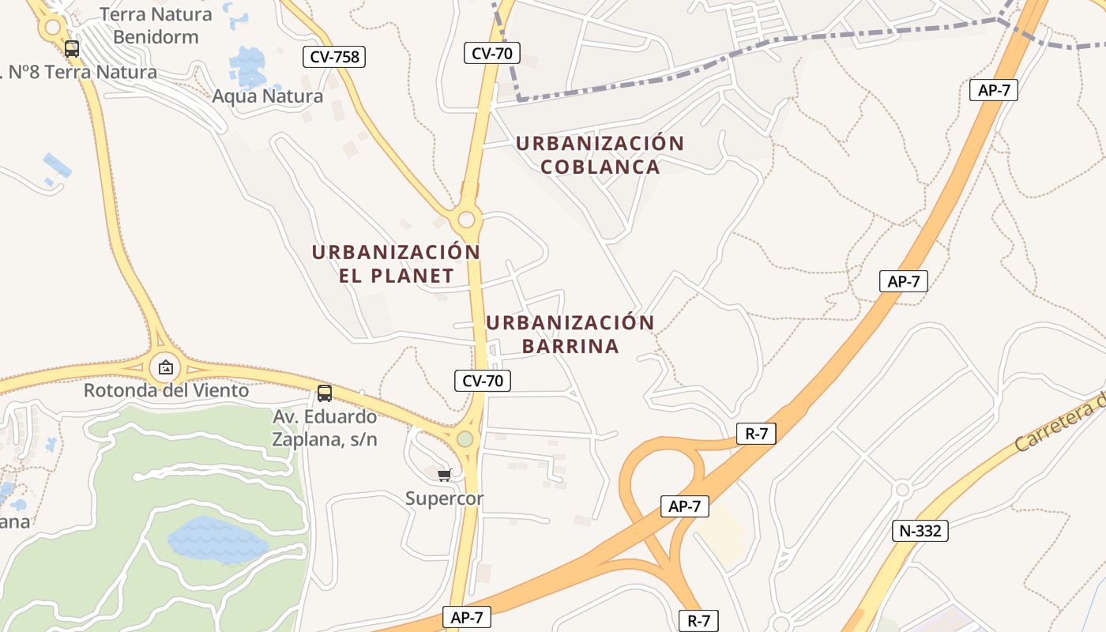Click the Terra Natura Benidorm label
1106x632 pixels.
pyautogui.click(x=156, y=25)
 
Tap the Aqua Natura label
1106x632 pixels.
pyautogui.click(x=267, y=96)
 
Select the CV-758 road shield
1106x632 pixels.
pyautogui.click(x=334, y=56)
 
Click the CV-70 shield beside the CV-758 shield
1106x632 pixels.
pyautogui.click(x=491, y=54)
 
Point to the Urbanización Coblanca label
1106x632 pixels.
pyautogui.click(x=600, y=155)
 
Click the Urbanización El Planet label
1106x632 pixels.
pyautogui.click(x=396, y=264)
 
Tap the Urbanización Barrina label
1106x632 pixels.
pyautogui.click(x=570, y=334)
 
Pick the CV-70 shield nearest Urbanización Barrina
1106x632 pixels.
pyautogui.click(x=483, y=381)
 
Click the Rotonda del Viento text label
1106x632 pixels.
pyautogui.click(x=166, y=390)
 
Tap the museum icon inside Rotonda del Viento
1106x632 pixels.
pyautogui.click(x=166, y=367)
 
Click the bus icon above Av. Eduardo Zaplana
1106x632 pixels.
pyautogui.click(x=324, y=393)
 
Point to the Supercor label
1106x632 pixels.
pyautogui.click(x=444, y=498)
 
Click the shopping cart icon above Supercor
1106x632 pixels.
pyautogui.click(x=444, y=475)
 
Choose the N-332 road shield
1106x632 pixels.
pyautogui.click(x=920, y=530)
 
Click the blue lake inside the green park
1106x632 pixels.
pyautogui.click(x=216, y=540)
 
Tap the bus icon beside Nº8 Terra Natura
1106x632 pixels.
pyautogui.click(x=72, y=49)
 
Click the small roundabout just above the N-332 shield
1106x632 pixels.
pyautogui.click(x=903, y=490)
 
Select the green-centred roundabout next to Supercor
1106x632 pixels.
pyautogui.click(x=465, y=438)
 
